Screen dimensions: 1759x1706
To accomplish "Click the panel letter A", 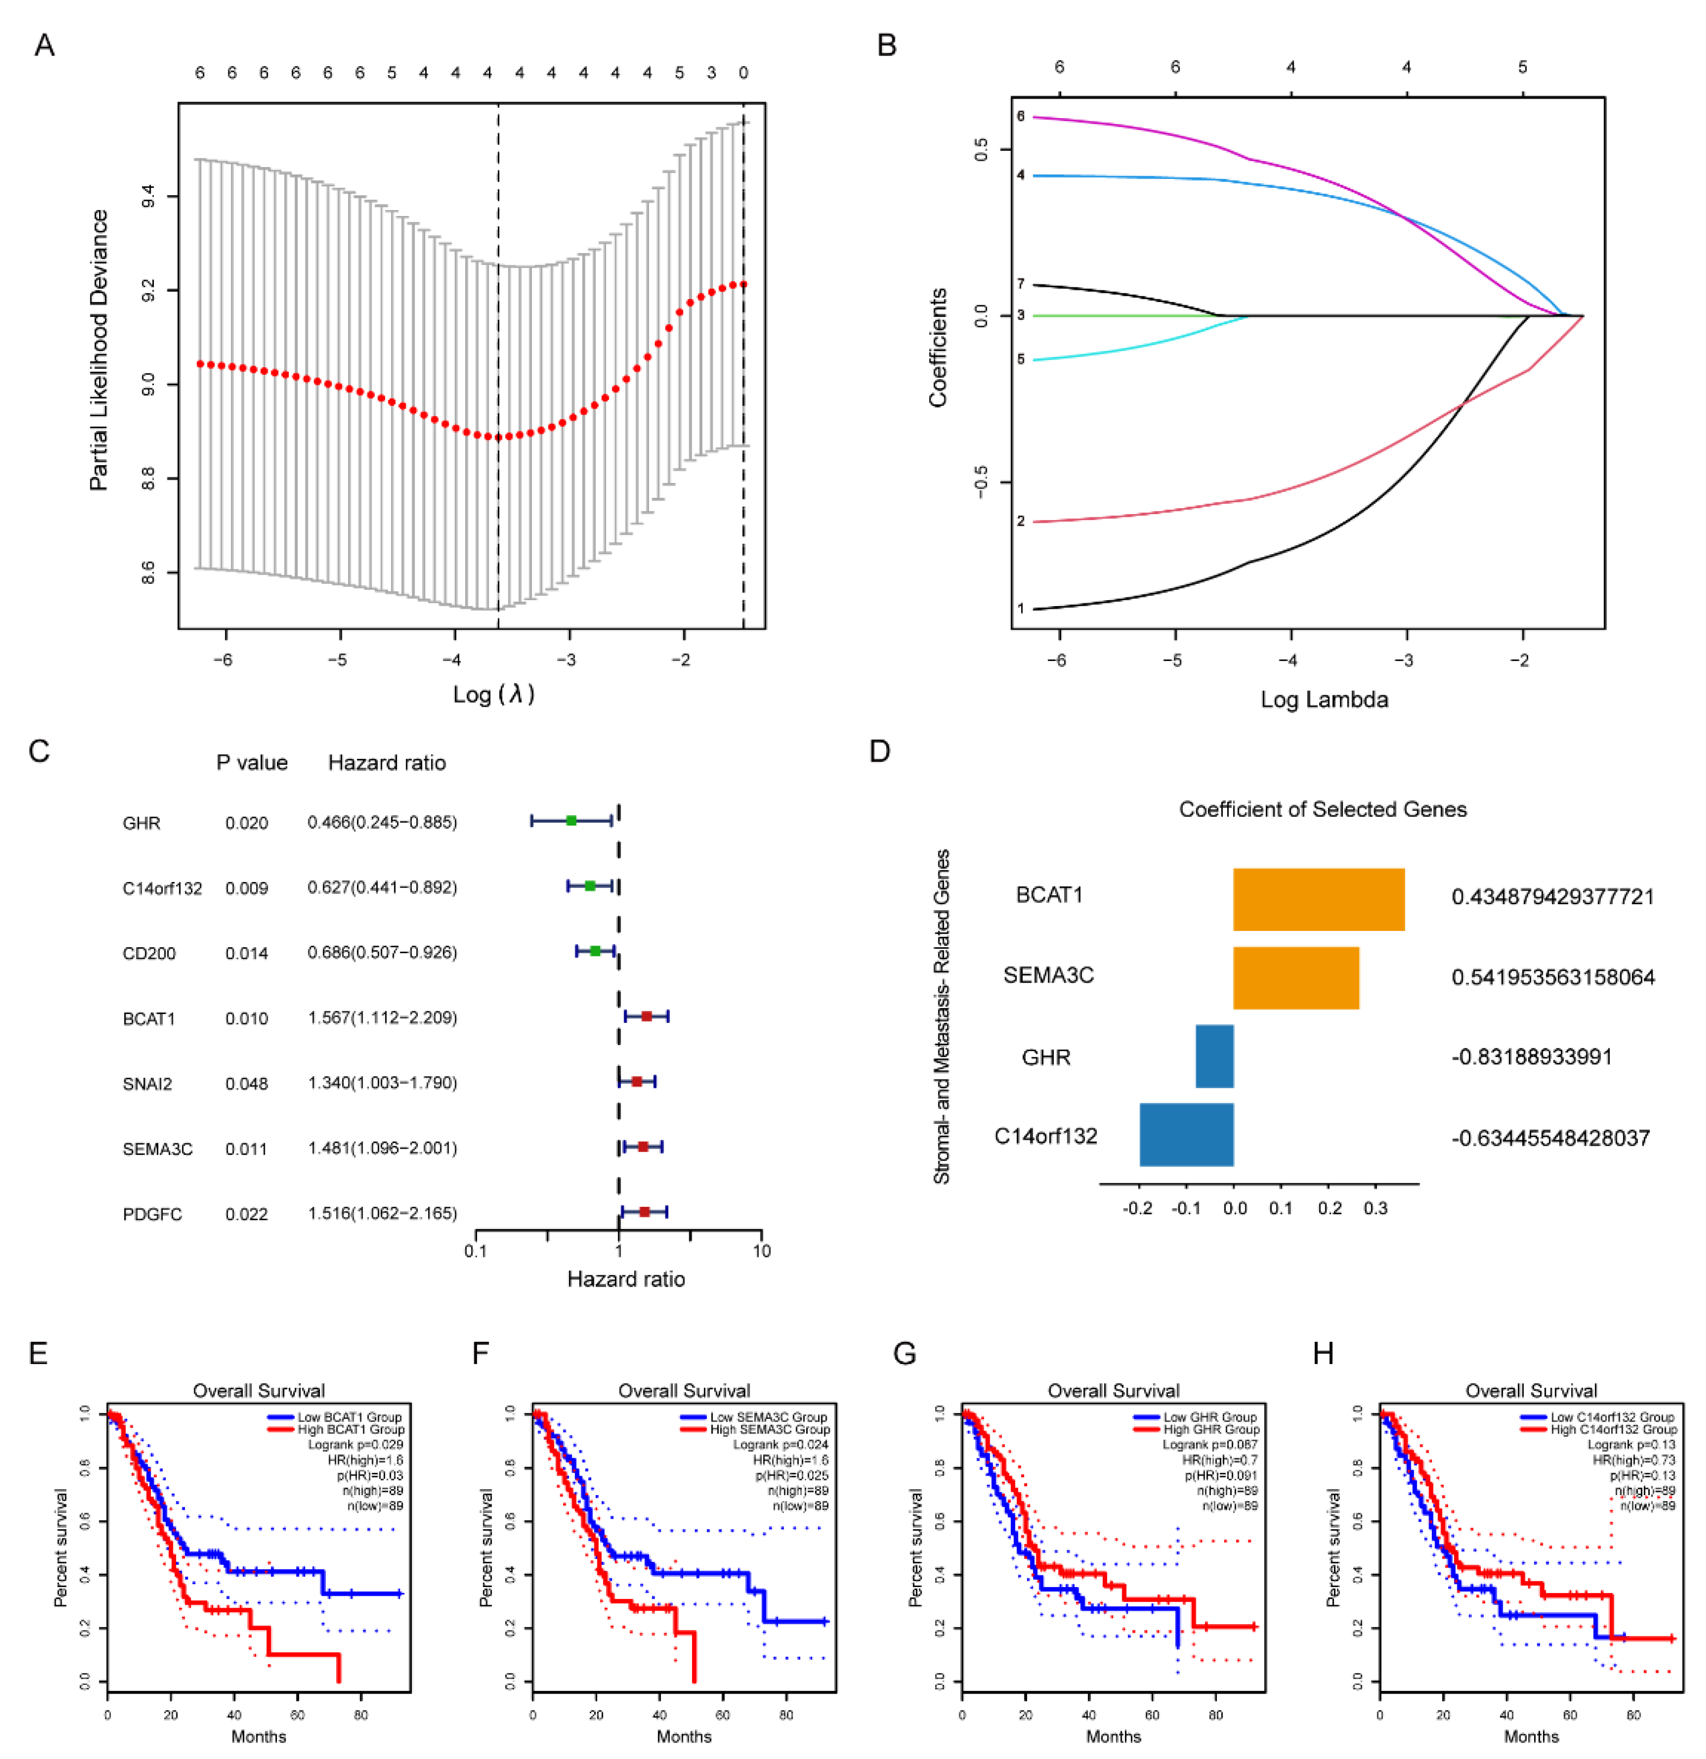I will coord(44,45).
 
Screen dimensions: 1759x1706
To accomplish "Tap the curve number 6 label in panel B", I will coord(1021,116).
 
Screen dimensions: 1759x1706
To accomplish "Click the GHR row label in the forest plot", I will coord(142,823).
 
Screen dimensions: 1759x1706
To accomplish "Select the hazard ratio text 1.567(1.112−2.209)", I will coord(382,1018).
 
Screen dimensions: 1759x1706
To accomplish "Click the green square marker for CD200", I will coord(595,951).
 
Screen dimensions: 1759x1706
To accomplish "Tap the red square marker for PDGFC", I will coord(644,1212).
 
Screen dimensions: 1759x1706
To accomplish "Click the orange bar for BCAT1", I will coord(1318,899).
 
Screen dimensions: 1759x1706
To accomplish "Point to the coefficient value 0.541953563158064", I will coord(1553,977).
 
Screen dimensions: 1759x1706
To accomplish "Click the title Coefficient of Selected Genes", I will coord(1323,810).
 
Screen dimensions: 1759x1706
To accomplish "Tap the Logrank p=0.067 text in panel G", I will coord(1210,1445).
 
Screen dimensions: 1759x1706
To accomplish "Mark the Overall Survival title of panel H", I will coord(1531,1391).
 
